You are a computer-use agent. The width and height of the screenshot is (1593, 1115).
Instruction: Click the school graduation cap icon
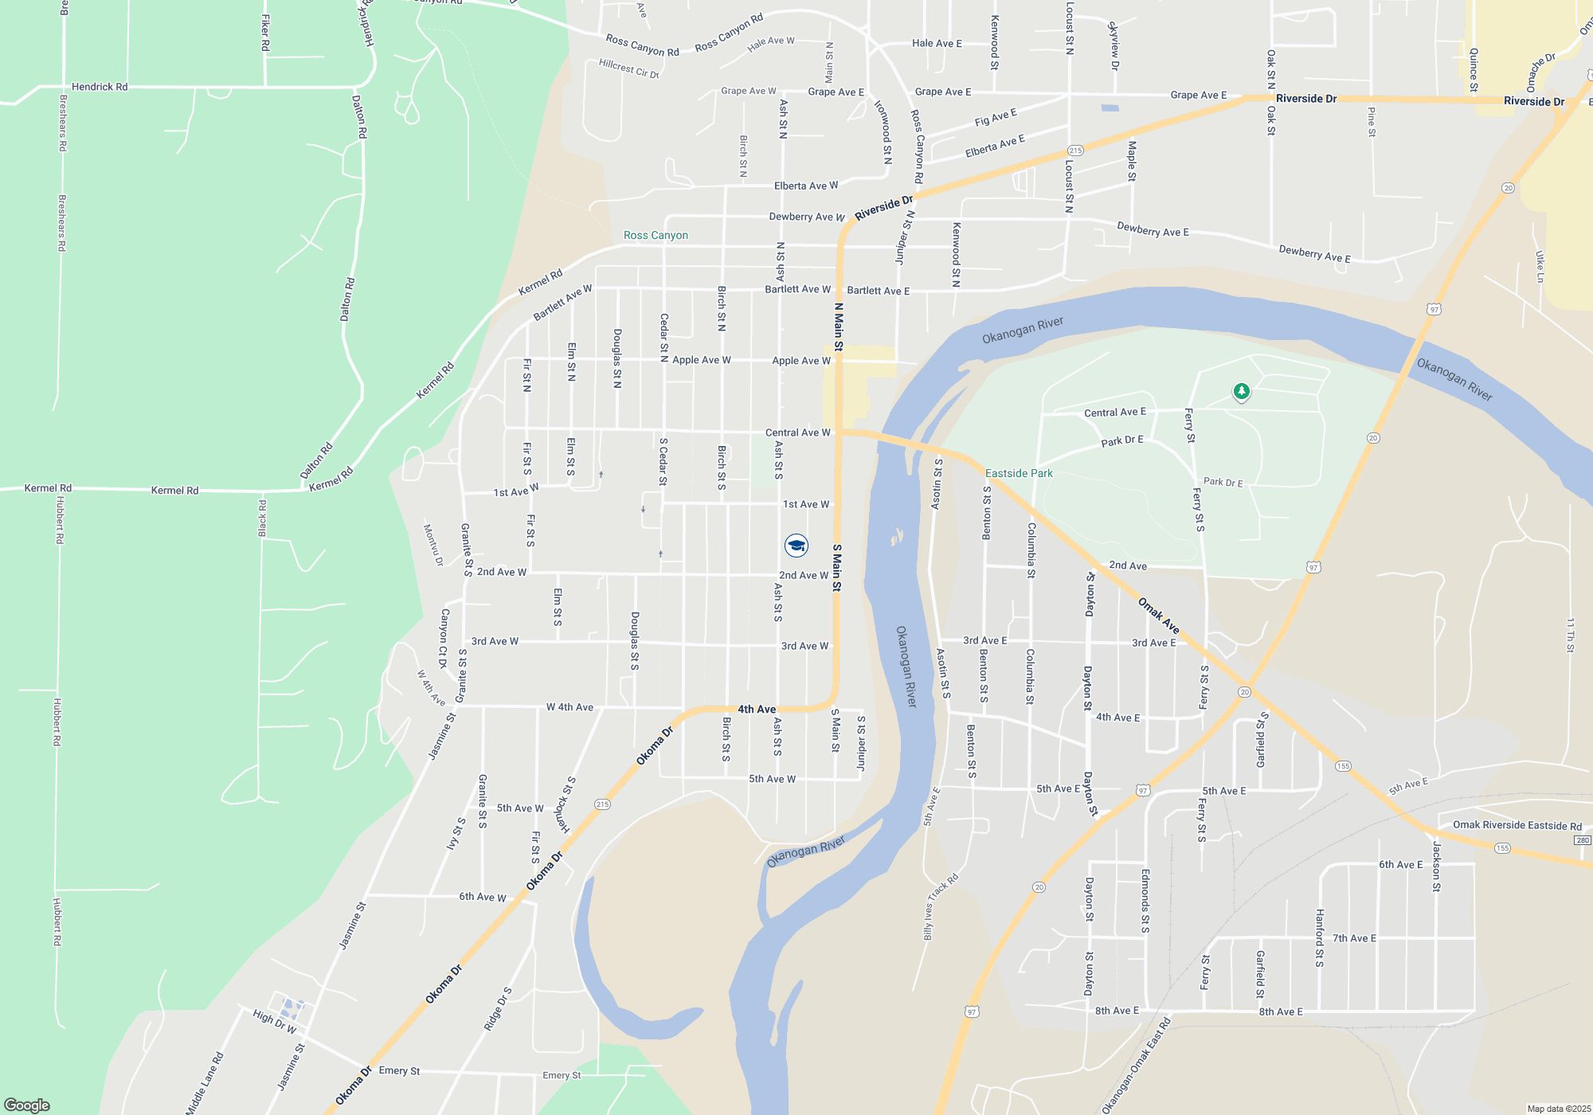click(796, 546)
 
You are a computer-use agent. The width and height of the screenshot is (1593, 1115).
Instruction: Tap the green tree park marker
click(1241, 391)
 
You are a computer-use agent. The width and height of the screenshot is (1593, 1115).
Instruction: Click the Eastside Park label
click(1019, 473)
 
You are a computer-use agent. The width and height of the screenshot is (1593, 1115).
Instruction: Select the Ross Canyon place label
click(656, 235)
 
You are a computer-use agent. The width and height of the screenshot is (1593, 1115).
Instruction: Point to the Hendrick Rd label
click(100, 87)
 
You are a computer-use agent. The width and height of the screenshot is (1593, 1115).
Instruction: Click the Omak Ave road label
click(1158, 616)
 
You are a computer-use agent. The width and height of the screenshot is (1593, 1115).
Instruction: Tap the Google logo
click(27, 1105)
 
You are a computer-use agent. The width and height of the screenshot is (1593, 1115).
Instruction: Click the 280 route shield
click(1582, 840)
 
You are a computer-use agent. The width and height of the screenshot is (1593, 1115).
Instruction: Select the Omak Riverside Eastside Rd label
click(1517, 825)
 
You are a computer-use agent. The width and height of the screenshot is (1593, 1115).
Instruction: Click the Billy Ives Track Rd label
click(940, 907)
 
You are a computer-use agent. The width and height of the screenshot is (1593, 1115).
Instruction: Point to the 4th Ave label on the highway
click(757, 709)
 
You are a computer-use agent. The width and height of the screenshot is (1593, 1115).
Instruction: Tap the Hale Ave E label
click(937, 44)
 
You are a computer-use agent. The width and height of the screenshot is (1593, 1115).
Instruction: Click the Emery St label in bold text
click(399, 1070)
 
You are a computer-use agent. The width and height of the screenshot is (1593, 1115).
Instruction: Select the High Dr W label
click(275, 1022)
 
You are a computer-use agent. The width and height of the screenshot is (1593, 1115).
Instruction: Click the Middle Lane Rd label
click(205, 1083)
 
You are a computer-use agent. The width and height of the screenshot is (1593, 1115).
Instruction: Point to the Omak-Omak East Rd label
click(1137, 1066)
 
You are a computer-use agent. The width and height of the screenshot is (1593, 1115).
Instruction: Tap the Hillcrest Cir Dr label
click(629, 68)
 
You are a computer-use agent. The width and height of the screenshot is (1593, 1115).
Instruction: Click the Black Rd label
click(263, 518)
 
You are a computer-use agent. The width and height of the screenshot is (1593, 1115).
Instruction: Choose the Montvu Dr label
click(433, 545)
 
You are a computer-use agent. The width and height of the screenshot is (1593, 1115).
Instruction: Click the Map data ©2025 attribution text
click(1559, 1109)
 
